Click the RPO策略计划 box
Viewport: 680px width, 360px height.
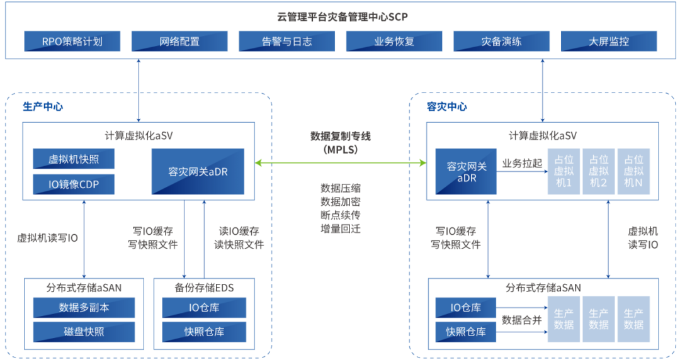coord(72,42)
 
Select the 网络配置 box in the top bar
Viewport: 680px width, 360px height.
coord(179,42)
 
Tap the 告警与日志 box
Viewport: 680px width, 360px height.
coord(286,42)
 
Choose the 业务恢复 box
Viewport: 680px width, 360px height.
coord(394,42)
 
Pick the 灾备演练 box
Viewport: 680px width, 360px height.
coord(501,42)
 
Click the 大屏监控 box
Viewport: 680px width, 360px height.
coord(608,42)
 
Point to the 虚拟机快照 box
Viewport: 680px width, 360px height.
coord(74,159)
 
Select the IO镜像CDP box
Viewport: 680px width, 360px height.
coord(74,184)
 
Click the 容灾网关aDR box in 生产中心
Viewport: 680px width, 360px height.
coord(198,171)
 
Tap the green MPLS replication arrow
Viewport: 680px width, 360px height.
coord(341,164)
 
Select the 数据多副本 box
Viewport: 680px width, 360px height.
coord(84,307)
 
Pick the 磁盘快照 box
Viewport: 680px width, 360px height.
coord(84,331)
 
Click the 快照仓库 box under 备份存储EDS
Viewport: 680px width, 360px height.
coord(204,331)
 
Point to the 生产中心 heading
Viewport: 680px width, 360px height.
coord(43,106)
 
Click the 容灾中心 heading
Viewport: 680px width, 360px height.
coord(446,106)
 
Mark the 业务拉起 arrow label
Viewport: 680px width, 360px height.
coord(521,163)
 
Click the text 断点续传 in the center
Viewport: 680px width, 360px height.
coord(341,215)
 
